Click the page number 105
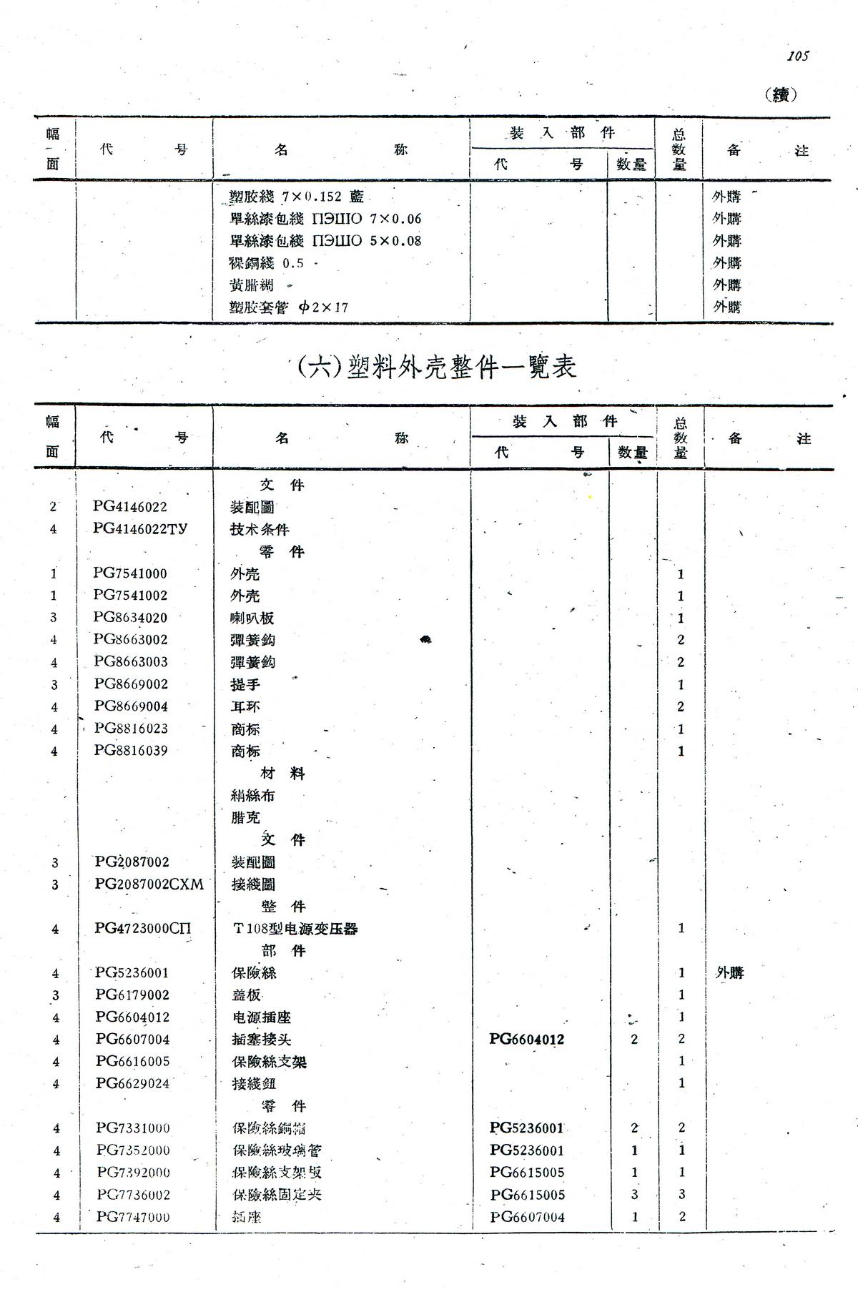click(x=798, y=56)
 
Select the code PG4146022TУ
click(x=140, y=529)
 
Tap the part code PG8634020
click(x=130, y=618)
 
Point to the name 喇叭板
click(x=252, y=618)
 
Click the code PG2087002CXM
click(x=149, y=884)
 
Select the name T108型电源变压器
click(x=295, y=929)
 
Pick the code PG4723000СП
click(x=143, y=929)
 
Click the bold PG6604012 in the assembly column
click(x=526, y=1039)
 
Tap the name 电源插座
click(x=261, y=1017)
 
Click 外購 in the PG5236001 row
click(x=729, y=973)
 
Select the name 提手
click(x=245, y=685)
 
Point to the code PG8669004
click(x=131, y=706)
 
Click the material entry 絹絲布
click(x=252, y=796)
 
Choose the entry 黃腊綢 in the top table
click(x=251, y=285)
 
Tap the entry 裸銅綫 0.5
click(x=266, y=263)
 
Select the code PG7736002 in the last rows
click(x=134, y=1195)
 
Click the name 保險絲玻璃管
click(x=277, y=1150)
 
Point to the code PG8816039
click(x=131, y=751)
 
